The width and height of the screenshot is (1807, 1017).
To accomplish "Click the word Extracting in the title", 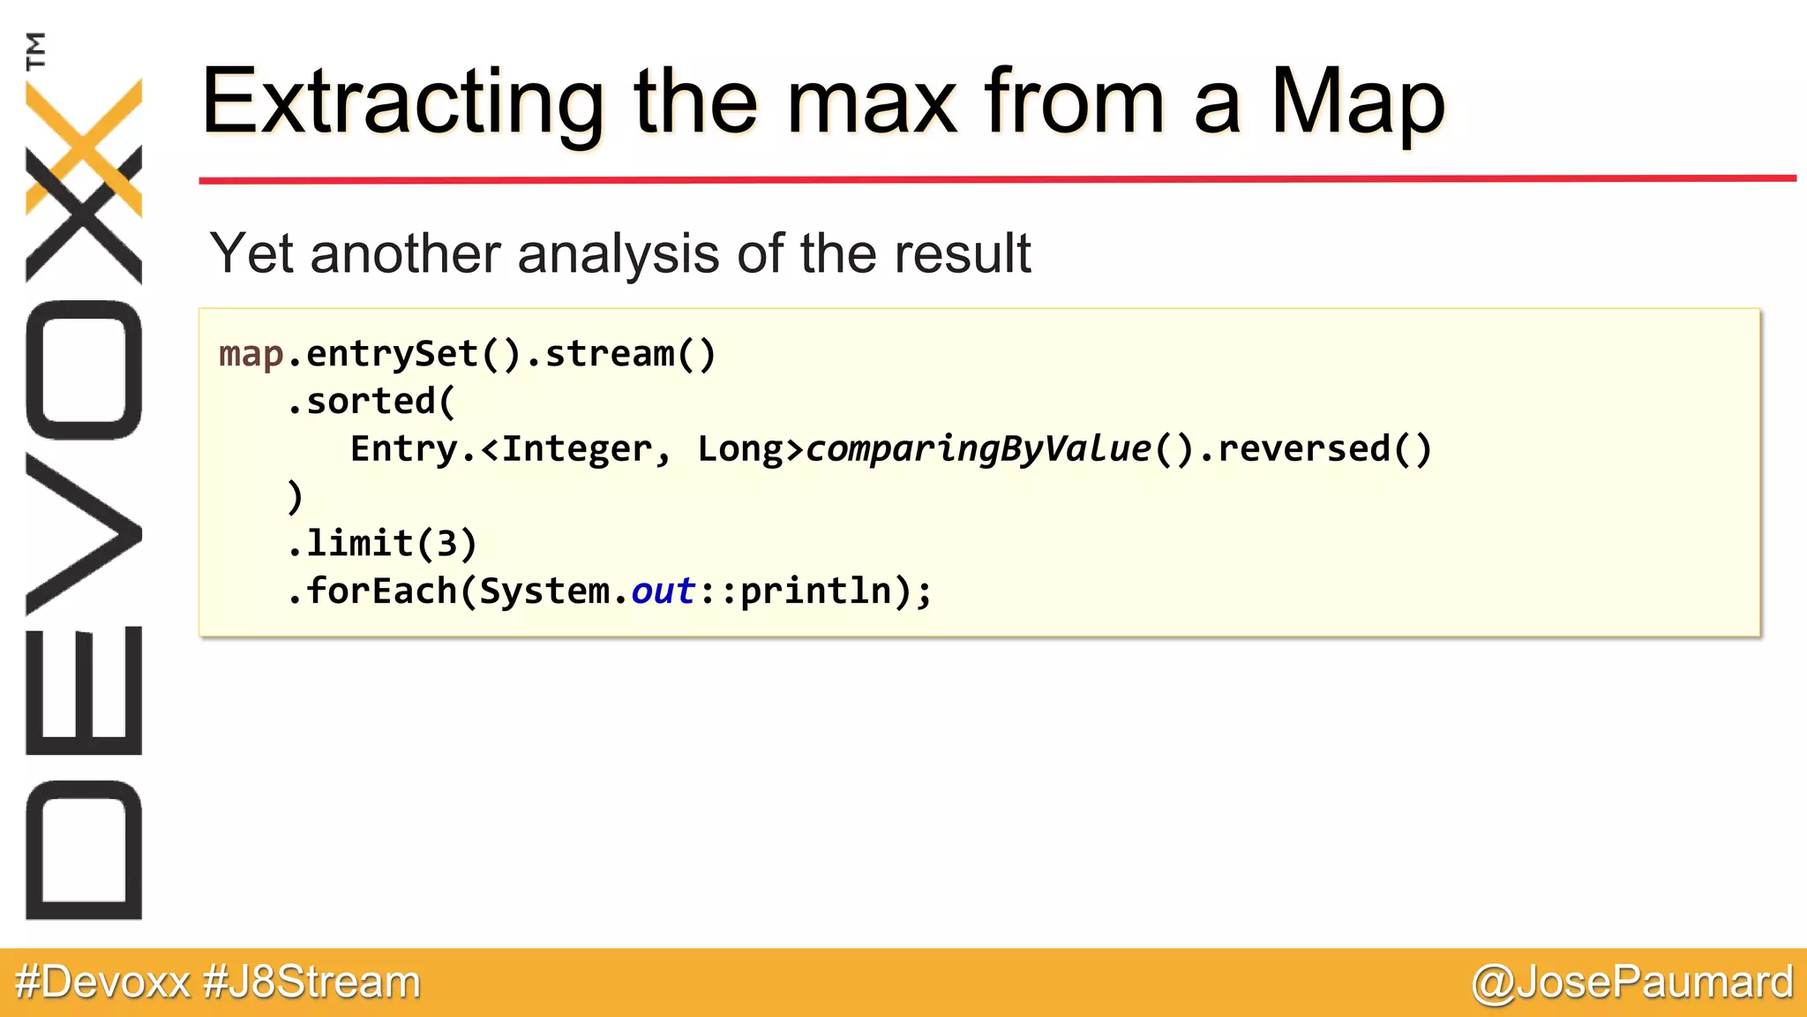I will click(x=401, y=103).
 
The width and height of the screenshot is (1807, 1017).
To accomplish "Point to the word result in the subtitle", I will click(x=962, y=254).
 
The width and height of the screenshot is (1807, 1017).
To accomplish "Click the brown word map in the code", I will click(x=251, y=355).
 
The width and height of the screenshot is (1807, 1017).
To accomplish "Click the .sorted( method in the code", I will click(x=371, y=403).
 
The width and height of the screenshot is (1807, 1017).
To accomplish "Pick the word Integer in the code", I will click(x=576, y=449).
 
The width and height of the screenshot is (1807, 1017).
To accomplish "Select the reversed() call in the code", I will click(x=1323, y=449).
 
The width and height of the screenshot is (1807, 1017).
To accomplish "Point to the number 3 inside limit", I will click(x=446, y=545).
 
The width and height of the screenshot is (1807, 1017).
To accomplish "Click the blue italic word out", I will click(x=663, y=591).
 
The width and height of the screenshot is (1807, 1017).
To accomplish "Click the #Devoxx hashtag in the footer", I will click(x=102, y=983).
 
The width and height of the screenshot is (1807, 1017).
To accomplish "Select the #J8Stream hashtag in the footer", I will click(x=311, y=983).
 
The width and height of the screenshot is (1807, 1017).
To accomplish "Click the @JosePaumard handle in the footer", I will click(x=1632, y=983).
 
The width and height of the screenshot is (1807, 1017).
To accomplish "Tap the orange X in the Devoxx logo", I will click(x=84, y=146).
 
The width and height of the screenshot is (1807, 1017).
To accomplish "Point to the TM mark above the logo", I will click(x=35, y=50).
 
